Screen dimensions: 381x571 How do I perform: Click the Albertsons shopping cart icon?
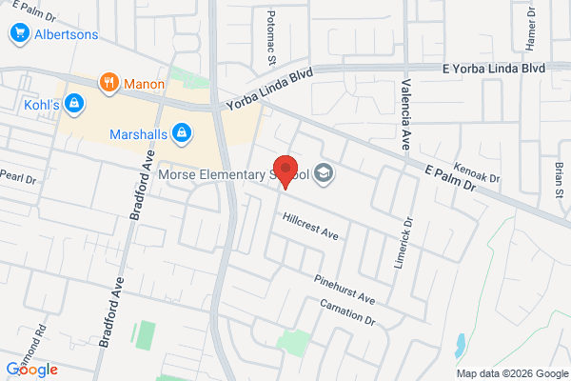tap(18, 34)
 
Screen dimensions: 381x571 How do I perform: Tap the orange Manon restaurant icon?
tap(110, 83)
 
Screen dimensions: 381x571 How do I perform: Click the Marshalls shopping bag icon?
tap(181, 133)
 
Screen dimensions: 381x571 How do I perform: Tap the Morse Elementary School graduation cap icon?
tap(324, 173)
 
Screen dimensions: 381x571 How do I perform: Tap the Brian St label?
tap(559, 176)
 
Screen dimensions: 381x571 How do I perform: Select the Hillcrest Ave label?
tap(310, 226)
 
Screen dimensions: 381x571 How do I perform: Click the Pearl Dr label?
tap(17, 177)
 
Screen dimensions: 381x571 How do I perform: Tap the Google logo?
tap(31, 369)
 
